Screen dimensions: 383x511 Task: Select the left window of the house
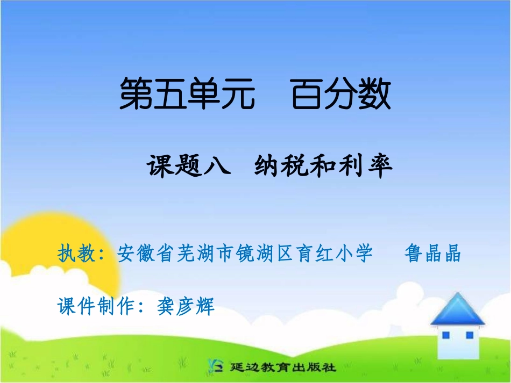(x=445, y=335)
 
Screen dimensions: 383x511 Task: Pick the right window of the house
(x=469, y=335)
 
